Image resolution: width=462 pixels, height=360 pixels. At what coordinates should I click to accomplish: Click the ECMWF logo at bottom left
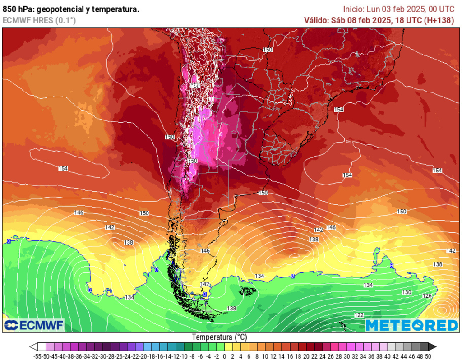point(34,325)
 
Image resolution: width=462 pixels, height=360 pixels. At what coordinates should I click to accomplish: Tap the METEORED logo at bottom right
point(411,325)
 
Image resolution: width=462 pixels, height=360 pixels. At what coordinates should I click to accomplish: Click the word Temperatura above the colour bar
point(219,337)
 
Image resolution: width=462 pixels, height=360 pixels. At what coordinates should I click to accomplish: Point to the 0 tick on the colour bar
point(224,356)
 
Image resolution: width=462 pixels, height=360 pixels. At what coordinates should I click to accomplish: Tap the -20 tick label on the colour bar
point(145,356)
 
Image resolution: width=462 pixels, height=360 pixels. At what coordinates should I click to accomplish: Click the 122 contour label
point(359,315)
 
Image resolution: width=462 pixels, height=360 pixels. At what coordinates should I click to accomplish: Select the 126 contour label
point(427,296)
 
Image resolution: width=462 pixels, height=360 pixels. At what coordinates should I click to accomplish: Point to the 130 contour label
point(407,292)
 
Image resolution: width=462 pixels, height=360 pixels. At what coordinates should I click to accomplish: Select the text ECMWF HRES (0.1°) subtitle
point(39,20)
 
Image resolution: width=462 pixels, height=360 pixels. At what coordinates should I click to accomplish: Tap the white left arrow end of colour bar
point(33,347)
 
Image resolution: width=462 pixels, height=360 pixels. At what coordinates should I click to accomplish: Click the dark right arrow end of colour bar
point(432,347)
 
